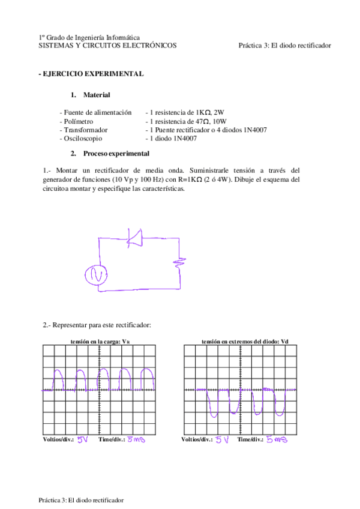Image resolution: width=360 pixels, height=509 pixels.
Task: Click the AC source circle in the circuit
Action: [x=95, y=274]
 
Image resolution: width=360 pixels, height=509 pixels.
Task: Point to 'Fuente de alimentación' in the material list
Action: [x=95, y=112]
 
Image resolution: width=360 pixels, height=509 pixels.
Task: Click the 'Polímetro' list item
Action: [x=76, y=121]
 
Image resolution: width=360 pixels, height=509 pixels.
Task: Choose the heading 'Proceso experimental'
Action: [x=116, y=154]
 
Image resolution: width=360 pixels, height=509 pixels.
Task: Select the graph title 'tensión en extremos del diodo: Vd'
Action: [x=245, y=341]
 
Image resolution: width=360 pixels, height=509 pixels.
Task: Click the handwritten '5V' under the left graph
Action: [x=83, y=439]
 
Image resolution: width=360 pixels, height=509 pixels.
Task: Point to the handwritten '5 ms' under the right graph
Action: [x=277, y=439]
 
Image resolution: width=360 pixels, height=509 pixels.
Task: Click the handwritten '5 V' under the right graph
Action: [x=223, y=439]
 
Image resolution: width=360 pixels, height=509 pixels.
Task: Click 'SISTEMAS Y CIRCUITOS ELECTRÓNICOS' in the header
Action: [x=107, y=45]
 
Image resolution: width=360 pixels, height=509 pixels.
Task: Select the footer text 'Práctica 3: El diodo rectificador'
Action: [x=81, y=499]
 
